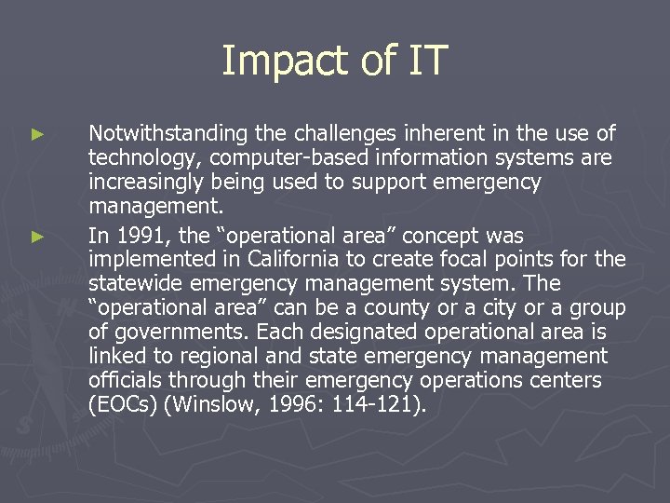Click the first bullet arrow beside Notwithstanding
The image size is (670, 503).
click(37, 135)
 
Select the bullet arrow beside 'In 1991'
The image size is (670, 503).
click(37, 237)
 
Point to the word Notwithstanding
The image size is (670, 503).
click(164, 133)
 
